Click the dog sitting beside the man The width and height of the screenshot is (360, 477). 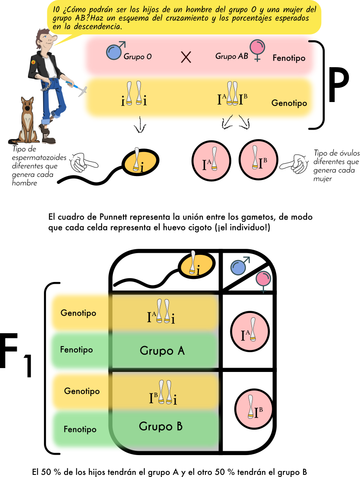[28, 121]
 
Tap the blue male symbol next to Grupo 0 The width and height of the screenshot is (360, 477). [115, 51]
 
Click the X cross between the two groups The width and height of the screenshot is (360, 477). [186, 57]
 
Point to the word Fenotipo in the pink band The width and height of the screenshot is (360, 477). [289, 58]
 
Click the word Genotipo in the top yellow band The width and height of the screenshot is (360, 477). [289, 103]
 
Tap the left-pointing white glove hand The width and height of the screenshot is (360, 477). [82, 163]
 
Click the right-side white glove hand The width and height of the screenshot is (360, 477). [295, 164]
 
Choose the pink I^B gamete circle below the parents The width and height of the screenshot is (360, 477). [258, 160]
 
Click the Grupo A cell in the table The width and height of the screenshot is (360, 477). [163, 350]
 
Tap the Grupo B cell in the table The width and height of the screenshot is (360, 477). [161, 427]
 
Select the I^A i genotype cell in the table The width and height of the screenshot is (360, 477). [163, 313]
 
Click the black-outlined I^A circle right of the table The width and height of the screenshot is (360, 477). [250, 332]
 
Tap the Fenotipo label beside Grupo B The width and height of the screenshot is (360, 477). [80, 429]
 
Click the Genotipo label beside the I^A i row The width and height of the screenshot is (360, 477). [78, 313]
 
